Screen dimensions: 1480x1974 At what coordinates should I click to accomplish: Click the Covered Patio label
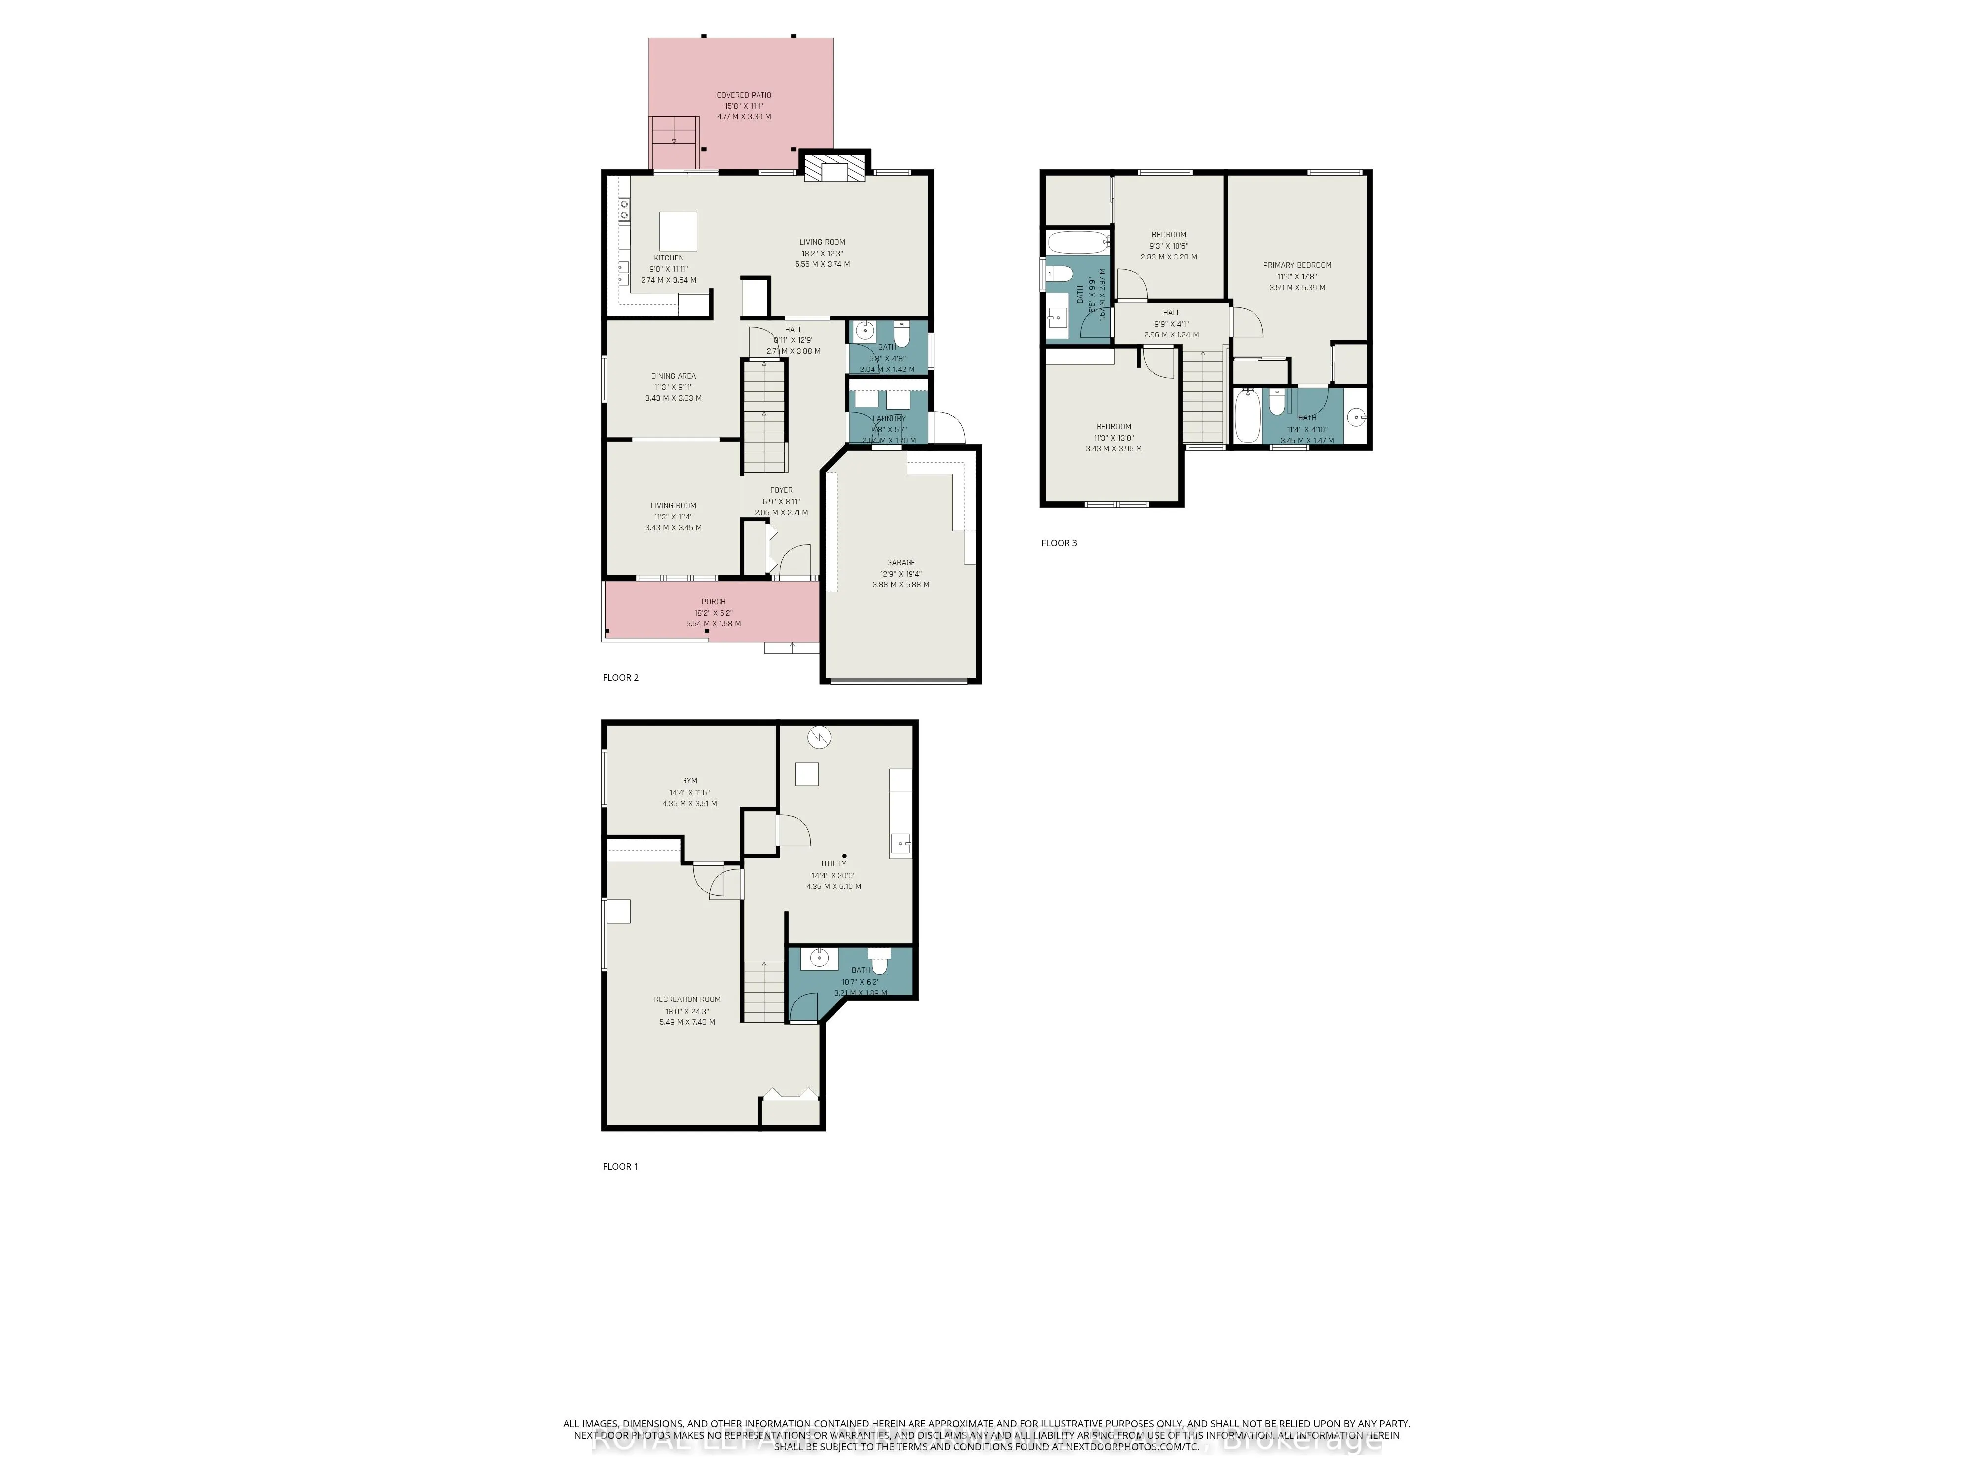tap(743, 95)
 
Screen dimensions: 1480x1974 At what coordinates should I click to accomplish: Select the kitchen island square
tap(678, 231)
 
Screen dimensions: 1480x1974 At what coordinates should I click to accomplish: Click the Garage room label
tap(901, 563)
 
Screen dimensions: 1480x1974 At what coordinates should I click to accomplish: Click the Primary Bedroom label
tap(1296, 265)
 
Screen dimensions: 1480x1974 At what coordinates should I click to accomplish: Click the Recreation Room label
tap(686, 999)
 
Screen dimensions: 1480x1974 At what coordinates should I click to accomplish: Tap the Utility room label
tap(834, 863)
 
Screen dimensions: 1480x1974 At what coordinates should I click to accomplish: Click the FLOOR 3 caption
tap(1059, 542)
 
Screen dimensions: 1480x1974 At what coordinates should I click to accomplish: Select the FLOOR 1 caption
tap(620, 1166)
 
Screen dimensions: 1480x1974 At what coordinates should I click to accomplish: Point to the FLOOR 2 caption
tap(620, 678)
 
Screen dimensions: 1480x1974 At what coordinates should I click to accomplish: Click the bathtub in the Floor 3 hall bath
tap(1077, 242)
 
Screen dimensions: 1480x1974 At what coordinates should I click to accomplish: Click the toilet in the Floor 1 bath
tap(880, 963)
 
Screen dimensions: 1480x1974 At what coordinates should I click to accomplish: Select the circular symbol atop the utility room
tap(819, 738)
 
